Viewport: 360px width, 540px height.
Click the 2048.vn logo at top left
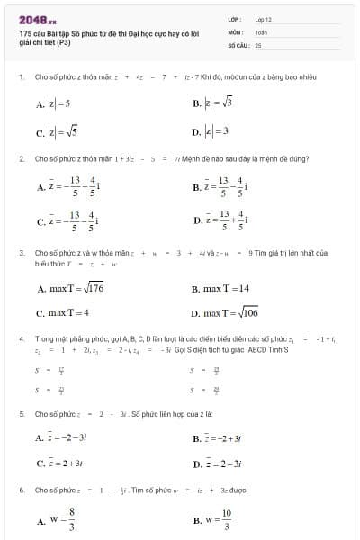click(37, 19)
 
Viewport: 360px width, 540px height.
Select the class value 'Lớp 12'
click(264, 18)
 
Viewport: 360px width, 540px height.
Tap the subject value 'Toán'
click(261, 31)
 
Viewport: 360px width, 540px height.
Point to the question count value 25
click(258, 44)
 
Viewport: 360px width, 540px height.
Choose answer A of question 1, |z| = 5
click(54, 104)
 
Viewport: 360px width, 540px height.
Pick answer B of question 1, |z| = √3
click(212, 104)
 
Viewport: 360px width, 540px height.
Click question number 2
click(21, 158)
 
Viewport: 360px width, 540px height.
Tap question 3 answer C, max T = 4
click(63, 313)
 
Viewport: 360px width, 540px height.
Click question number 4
click(21, 337)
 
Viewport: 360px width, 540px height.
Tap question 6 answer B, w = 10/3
click(212, 520)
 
